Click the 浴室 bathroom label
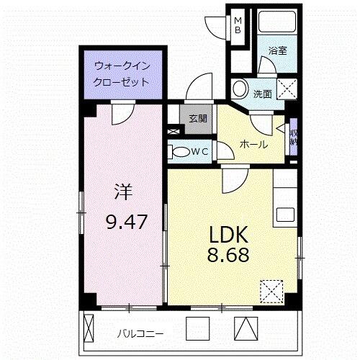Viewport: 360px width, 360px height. pyautogui.click(x=278, y=51)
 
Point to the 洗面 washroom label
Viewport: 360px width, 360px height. pyautogui.click(x=261, y=94)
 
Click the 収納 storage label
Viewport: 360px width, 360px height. pyautogui.click(x=294, y=138)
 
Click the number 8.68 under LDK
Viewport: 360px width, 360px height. pyautogui.click(x=230, y=255)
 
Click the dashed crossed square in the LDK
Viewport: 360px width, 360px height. pyautogui.click(x=272, y=291)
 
